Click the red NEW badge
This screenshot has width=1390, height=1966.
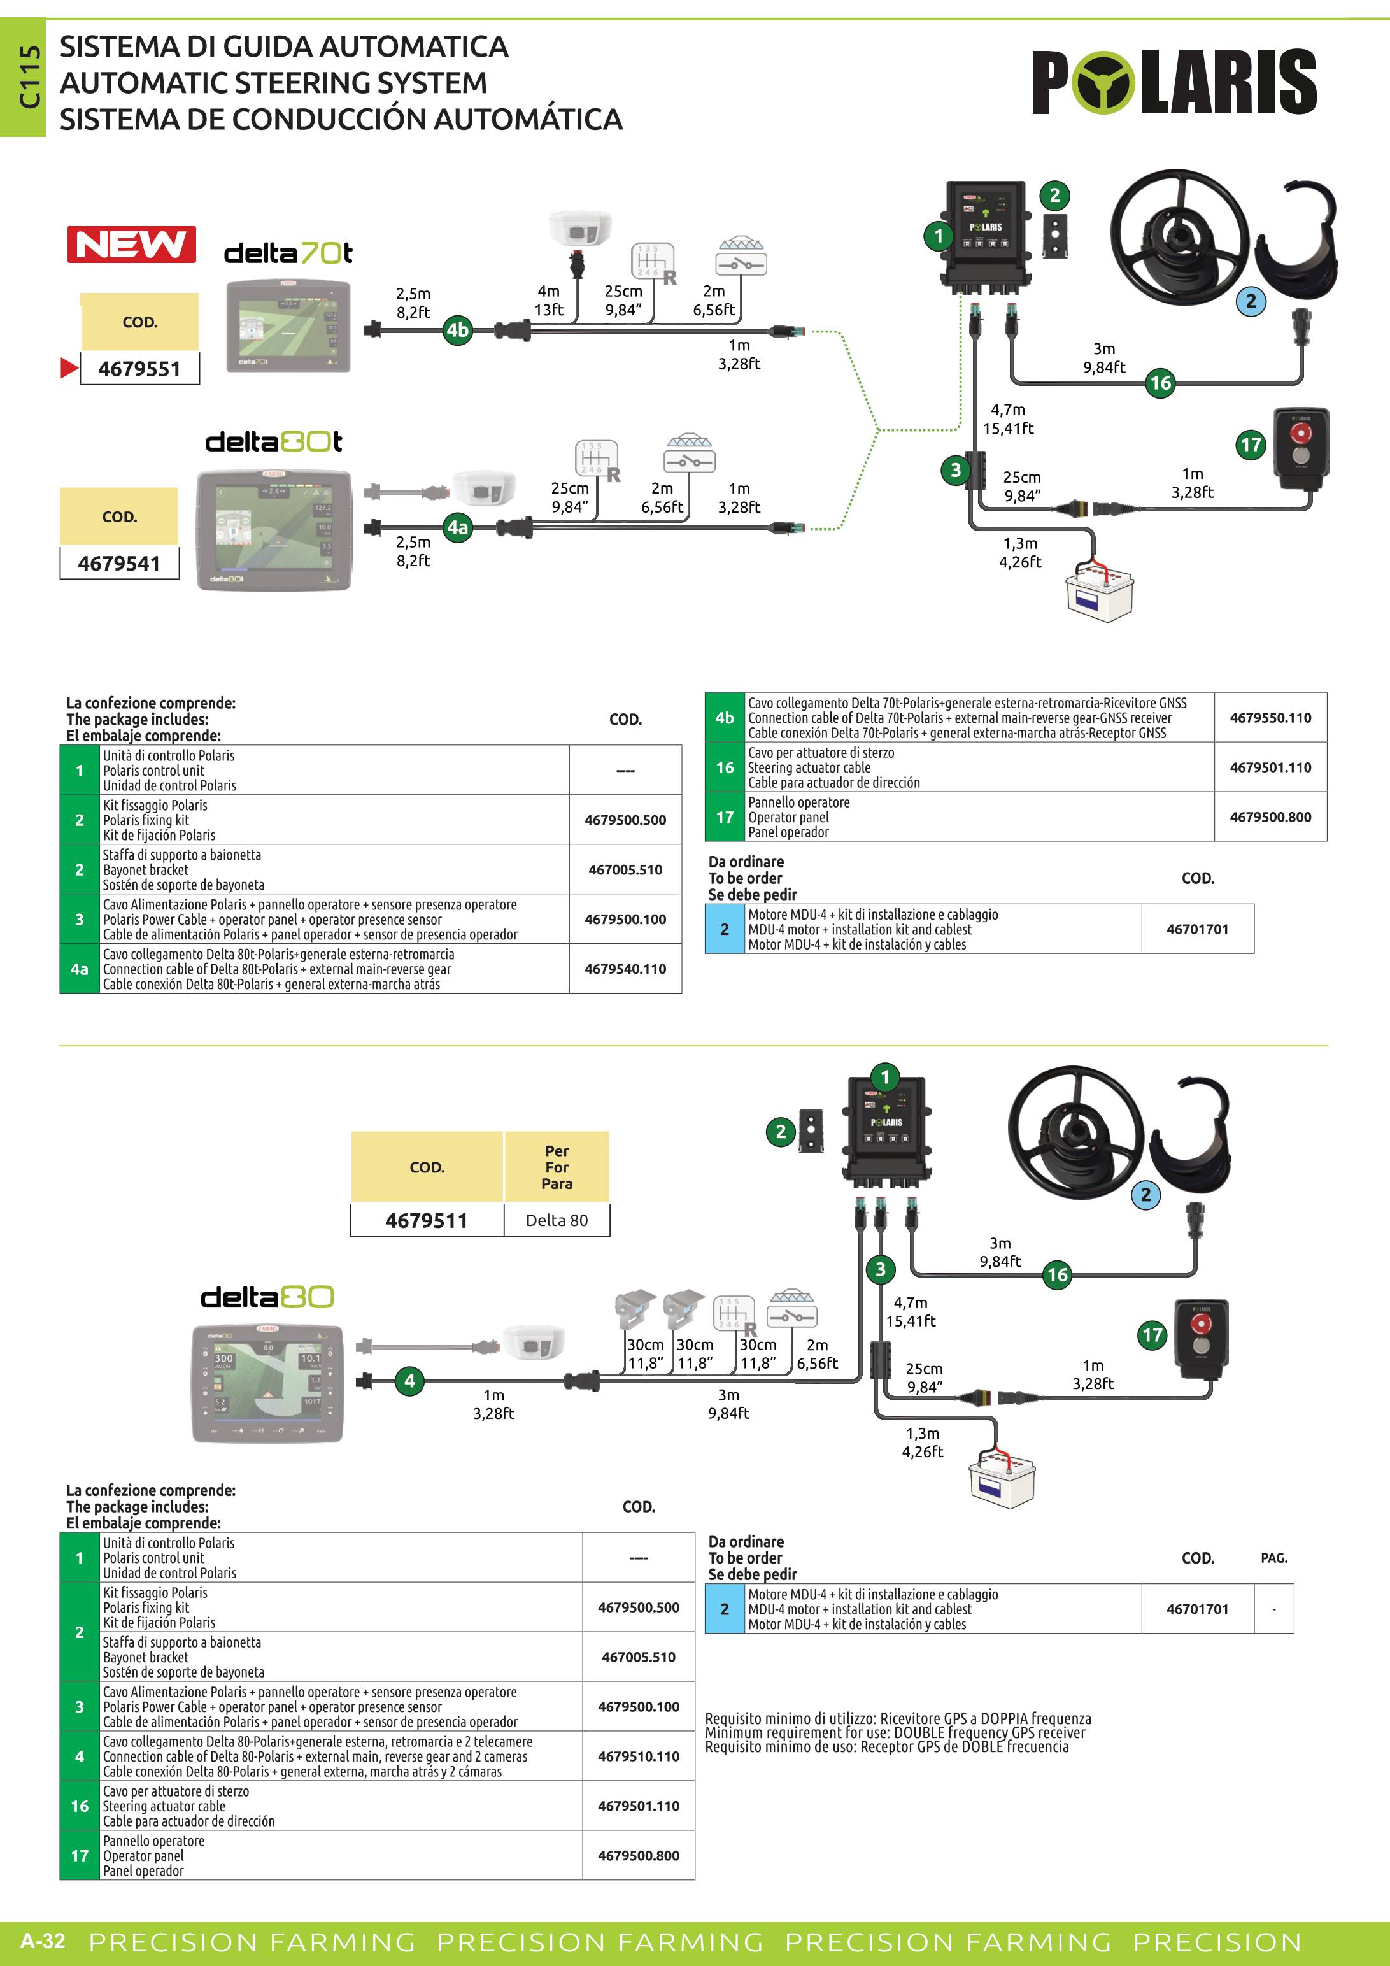tap(132, 245)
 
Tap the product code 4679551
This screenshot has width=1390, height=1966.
tap(139, 369)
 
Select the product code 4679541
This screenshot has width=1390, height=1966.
tap(119, 564)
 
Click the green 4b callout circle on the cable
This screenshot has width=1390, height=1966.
tap(458, 330)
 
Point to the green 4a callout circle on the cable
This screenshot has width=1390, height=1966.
tap(458, 527)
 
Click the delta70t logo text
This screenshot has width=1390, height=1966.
tap(288, 253)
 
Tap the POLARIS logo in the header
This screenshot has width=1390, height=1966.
tap(1174, 82)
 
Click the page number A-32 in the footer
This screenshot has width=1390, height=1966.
tap(43, 1941)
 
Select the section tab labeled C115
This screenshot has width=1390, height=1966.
tap(30, 77)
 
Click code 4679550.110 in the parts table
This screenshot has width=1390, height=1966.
tap(1270, 718)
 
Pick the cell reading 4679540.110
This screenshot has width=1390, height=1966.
tap(625, 969)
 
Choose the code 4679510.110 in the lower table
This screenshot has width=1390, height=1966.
tap(639, 1756)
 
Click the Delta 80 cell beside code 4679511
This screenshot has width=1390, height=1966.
tap(557, 1220)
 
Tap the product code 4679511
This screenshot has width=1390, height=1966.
tap(426, 1220)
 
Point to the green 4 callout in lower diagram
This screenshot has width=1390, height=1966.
tap(409, 1380)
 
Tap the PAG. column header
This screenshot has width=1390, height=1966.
tap(1273, 1558)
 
